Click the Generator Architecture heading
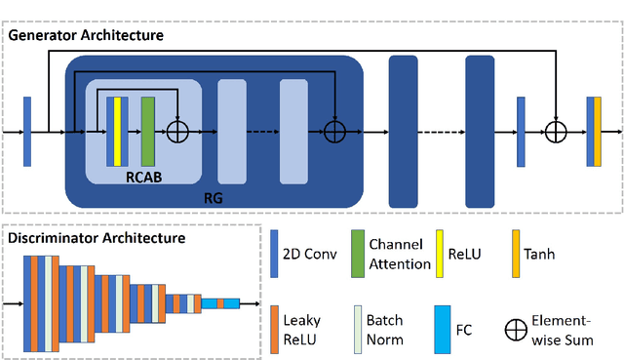(x=86, y=35)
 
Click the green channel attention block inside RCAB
(x=148, y=130)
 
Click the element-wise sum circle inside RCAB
(x=178, y=130)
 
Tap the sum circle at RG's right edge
(x=335, y=130)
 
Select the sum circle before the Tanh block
(x=555, y=130)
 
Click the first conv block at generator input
(x=27, y=130)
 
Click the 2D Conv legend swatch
(x=274, y=251)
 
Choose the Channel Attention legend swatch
(x=357, y=251)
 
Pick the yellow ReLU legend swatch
(x=438, y=251)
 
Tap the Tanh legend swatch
(x=516, y=251)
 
